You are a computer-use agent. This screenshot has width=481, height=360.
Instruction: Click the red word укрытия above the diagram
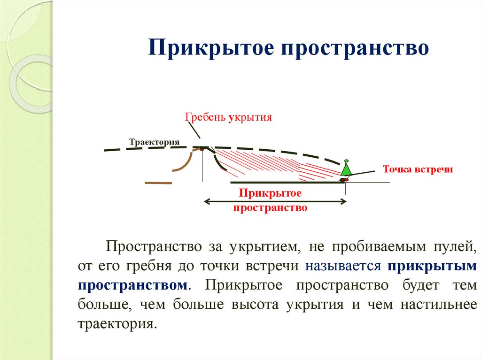point(250,117)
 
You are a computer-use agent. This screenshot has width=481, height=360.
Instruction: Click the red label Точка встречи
point(418,169)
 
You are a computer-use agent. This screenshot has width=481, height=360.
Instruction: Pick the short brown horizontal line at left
point(159,183)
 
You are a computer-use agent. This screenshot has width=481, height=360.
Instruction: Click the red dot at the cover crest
point(202,149)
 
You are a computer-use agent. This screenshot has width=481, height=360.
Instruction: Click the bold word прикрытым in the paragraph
point(433,266)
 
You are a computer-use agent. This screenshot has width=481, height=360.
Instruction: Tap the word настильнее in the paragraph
point(439,305)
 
